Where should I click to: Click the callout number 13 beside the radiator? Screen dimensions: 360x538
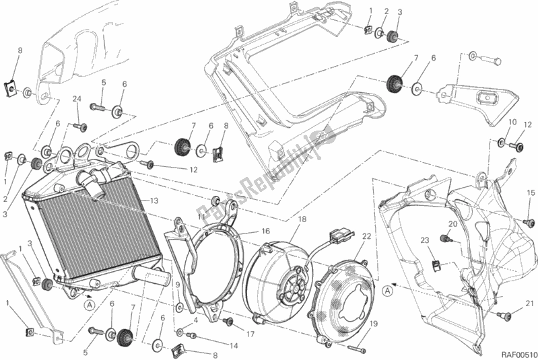(154, 201)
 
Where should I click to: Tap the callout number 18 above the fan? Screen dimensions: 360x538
(301, 220)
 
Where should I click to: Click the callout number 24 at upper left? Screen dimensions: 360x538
(77, 100)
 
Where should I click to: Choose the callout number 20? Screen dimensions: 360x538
(452, 224)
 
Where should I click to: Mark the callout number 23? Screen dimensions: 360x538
(425, 240)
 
